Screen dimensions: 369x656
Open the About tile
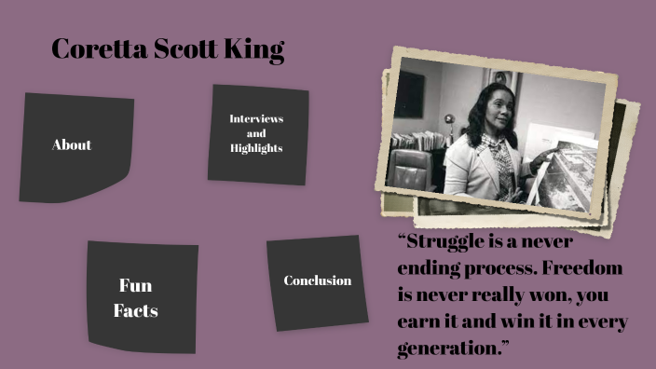pyautogui.click(x=74, y=147)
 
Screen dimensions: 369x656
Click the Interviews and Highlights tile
pyautogui.click(x=257, y=133)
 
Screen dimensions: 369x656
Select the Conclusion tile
pyautogui.click(x=317, y=281)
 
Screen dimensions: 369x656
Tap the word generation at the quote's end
pyautogui.click(x=451, y=350)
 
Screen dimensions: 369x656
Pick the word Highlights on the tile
pyautogui.click(x=257, y=148)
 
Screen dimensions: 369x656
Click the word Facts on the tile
pyautogui.click(x=136, y=310)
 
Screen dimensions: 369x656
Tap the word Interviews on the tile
pyautogui.click(x=257, y=119)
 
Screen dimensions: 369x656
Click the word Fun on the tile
pyautogui.click(x=136, y=285)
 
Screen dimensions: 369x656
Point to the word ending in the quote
pyautogui.click(x=428, y=269)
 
